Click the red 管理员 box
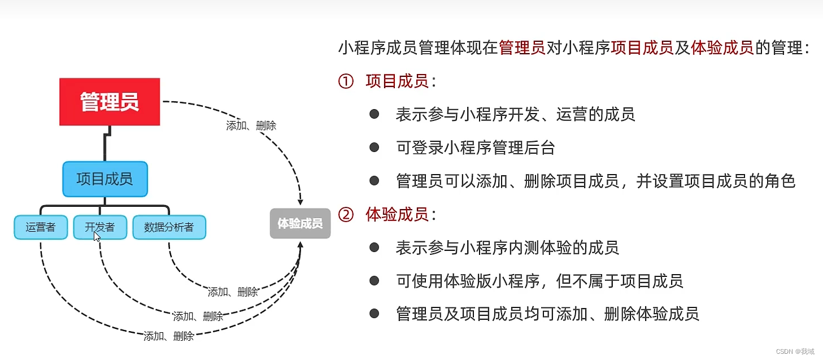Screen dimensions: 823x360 (x=110, y=102)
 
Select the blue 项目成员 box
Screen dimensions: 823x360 (x=104, y=179)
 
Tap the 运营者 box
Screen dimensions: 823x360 (x=41, y=227)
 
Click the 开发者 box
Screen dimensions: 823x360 (x=100, y=227)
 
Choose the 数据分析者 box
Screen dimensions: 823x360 (x=169, y=227)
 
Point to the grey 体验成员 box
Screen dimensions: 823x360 (x=300, y=223)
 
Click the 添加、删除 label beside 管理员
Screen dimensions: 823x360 (x=251, y=126)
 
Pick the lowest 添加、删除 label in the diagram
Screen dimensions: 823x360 (x=169, y=336)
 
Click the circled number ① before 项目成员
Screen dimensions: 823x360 (x=345, y=81)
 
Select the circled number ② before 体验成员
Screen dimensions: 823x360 (x=345, y=215)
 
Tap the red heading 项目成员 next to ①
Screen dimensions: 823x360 (x=397, y=81)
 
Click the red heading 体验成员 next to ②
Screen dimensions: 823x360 (x=397, y=215)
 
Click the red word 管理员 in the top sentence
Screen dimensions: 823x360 (x=522, y=48)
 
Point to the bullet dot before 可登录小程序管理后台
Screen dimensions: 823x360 (x=374, y=148)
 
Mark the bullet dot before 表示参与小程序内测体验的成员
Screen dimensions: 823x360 (x=374, y=247)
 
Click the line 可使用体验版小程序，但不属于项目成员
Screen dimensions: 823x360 (x=539, y=280)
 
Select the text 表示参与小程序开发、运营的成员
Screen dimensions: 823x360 (x=515, y=115)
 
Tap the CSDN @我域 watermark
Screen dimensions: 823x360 (x=795, y=351)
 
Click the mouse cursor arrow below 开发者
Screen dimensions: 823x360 (x=97, y=237)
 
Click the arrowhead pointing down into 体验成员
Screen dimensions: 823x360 (x=301, y=201)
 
